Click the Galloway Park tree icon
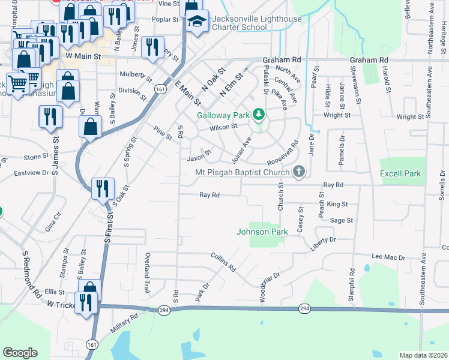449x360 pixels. [258, 114]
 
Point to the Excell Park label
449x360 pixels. [400, 174]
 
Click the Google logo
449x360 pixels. [20, 353]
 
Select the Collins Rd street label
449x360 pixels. [223, 262]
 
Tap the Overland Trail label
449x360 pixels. [147, 273]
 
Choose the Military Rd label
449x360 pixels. [124, 323]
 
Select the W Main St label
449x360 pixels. [82, 56]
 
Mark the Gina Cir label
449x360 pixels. [53, 223]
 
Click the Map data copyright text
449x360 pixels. [423, 355]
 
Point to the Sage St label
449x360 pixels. [342, 221]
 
